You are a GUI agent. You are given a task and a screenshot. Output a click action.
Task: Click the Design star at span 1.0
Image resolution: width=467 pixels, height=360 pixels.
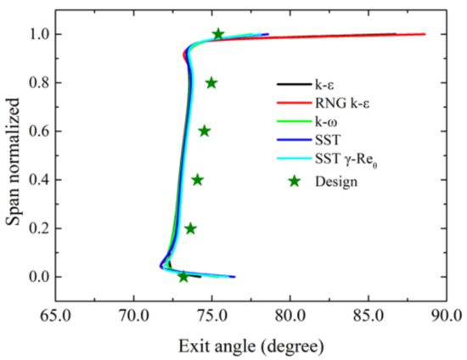point(218,34)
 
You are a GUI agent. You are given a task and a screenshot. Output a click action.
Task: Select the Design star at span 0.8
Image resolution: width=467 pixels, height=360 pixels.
point(211,82)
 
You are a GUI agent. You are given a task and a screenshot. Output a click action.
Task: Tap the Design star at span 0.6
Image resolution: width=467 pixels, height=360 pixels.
point(204,131)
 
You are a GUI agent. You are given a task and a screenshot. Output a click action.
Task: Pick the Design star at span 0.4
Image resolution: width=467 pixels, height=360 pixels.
point(197,179)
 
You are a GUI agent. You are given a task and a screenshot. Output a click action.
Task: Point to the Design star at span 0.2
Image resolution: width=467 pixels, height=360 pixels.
point(190,228)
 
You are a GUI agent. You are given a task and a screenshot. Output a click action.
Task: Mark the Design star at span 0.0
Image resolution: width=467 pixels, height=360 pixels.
point(183,277)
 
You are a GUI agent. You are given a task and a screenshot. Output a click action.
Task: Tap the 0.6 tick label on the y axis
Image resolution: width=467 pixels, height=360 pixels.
point(40,131)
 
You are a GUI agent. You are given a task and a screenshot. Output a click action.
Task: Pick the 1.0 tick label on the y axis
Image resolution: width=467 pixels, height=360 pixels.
point(40,34)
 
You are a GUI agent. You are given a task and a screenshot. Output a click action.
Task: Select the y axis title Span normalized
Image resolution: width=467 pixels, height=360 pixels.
point(13,156)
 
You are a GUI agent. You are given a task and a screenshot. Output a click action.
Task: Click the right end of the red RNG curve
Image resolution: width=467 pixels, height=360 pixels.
point(424,34)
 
